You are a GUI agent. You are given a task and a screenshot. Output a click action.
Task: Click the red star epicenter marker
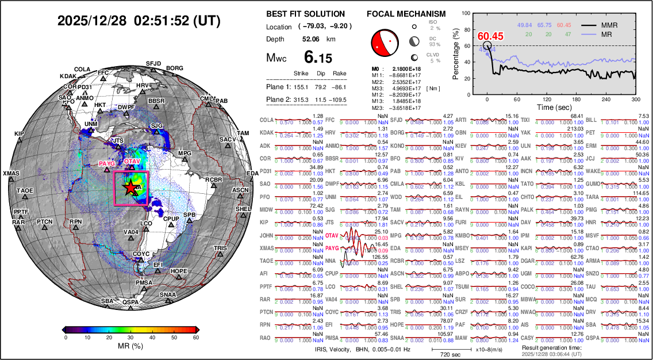coord(130,187)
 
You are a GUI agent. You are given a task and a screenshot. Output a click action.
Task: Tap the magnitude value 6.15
coord(318,58)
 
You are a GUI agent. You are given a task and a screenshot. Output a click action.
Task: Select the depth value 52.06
coord(311,39)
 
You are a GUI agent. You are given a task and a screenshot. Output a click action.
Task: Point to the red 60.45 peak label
coord(490,36)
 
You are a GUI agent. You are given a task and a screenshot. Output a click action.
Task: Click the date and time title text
coord(140,21)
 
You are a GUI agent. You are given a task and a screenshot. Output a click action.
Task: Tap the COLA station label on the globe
coord(82,69)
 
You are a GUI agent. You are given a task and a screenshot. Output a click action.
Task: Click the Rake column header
coord(339,74)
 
